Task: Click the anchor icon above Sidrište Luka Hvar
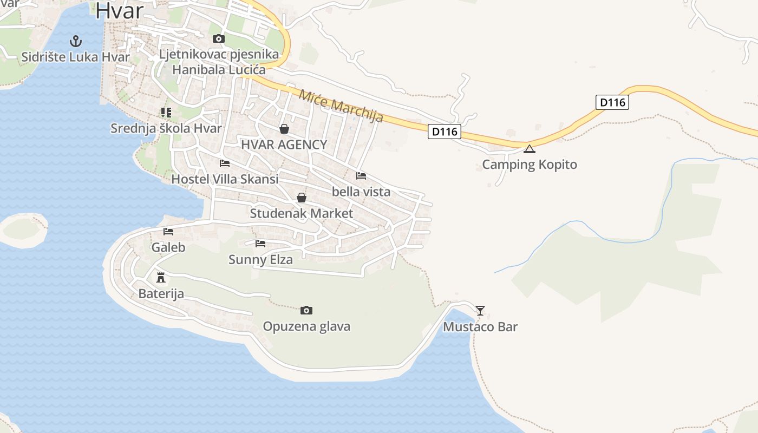click(76, 41)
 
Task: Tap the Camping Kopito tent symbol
click(529, 149)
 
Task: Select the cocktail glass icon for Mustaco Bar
click(480, 310)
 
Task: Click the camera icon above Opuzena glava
click(306, 310)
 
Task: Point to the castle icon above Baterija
click(161, 278)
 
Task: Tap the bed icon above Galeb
click(168, 232)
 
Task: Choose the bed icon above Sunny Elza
click(260, 244)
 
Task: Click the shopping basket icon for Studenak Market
click(302, 198)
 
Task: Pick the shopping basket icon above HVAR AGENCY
click(284, 129)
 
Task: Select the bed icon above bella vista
click(361, 175)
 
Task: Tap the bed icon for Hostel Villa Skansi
click(225, 163)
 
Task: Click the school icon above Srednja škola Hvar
click(166, 113)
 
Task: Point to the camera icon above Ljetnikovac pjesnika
click(219, 38)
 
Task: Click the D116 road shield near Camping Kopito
click(612, 102)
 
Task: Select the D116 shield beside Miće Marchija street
click(444, 131)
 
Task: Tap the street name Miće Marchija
click(341, 106)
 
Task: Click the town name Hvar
click(120, 11)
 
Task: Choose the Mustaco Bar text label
click(480, 327)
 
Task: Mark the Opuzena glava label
click(306, 326)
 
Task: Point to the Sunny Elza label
click(260, 260)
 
